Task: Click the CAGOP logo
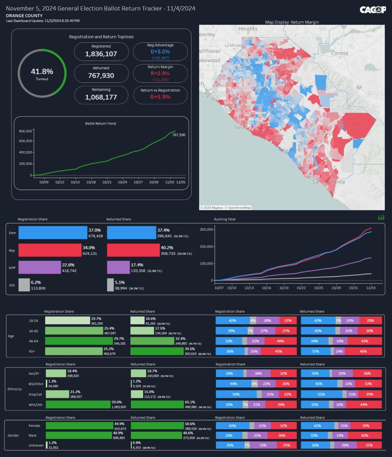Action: coord(372,10)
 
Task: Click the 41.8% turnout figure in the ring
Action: coord(42,72)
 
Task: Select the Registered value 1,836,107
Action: coord(101,54)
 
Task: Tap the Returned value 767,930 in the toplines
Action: coord(101,76)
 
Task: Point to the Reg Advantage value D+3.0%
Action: coord(160,52)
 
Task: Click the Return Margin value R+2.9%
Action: coord(160,73)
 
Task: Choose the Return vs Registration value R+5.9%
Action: coord(160,97)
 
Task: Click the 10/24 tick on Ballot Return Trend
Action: coord(122,182)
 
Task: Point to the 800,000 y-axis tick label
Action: coord(25,131)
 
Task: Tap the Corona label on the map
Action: coord(339,53)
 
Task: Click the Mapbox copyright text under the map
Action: coord(225,208)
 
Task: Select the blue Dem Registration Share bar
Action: coord(53,233)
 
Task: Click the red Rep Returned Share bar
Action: coord(133,250)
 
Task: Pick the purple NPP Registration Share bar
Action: coord(40,267)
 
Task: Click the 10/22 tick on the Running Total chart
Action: coord(301,288)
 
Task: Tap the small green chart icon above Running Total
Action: coord(381,217)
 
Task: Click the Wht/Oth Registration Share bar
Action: coord(78,404)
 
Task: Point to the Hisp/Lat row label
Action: coord(35,394)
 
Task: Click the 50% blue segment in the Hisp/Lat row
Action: coord(236,394)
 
